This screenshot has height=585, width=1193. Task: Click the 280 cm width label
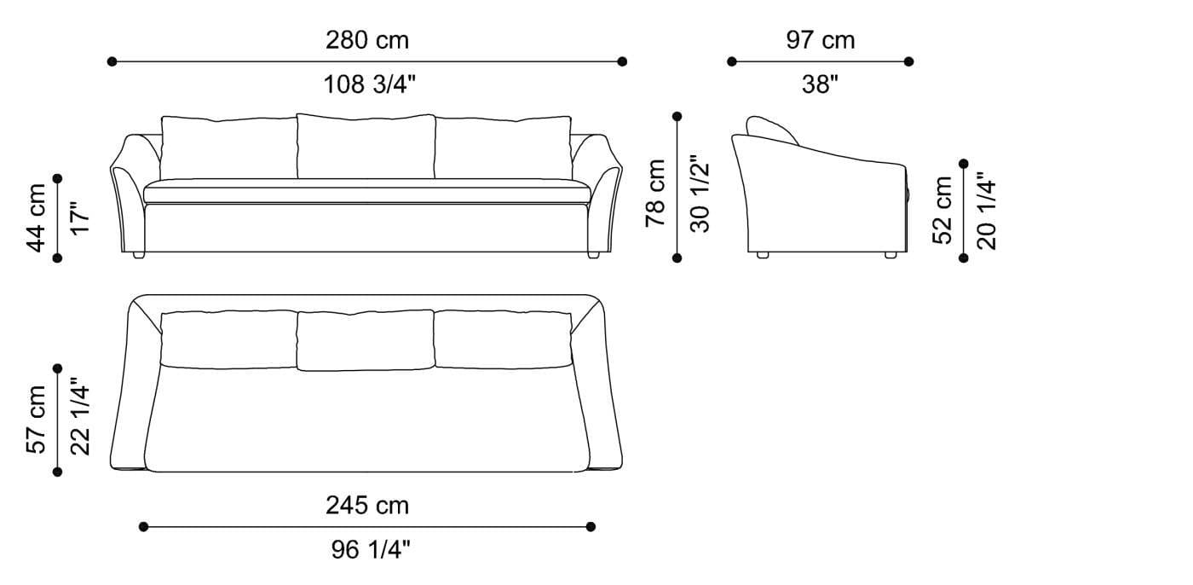pyautogui.click(x=367, y=40)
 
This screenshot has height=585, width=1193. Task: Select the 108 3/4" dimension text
pyautogui.click(x=370, y=84)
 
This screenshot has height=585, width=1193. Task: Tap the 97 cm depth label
pyautogui.click(x=820, y=40)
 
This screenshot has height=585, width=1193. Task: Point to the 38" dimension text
pyautogui.click(x=820, y=84)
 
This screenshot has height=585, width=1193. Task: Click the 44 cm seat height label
pyautogui.click(x=36, y=218)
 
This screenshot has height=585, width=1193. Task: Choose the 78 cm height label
pyautogui.click(x=655, y=193)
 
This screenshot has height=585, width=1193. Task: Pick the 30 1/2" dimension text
pyautogui.click(x=700, y=194)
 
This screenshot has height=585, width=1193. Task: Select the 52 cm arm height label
pyautogui.click(x=942, y=211)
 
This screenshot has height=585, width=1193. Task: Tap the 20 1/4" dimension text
pyautogui.click(x=986, y=211)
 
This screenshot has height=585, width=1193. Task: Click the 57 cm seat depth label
pyautogui.click(x=36, y=420)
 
